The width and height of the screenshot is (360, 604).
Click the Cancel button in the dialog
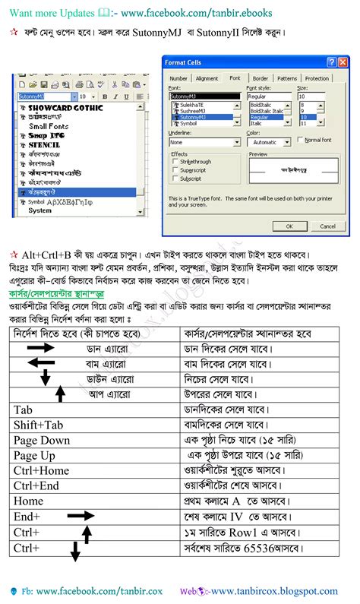pyautogui.click(x=327, y=226)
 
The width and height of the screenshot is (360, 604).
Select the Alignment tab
pyautogui.click(x=207, y=78)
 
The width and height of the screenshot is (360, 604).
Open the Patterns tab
pyautogui.click(x=287, y=78)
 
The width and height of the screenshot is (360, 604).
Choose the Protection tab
pyautogui.click(x=317, y=78)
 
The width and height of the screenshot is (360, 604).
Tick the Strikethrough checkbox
pyautogui.click(x=176, y=162)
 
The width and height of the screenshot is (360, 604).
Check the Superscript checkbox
pyautogui.click(x=176, y=170)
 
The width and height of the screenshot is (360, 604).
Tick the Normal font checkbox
pyautogui.click(x=302, y=140)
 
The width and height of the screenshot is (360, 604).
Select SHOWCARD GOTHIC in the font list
pyautogui.click(x=65, y=109)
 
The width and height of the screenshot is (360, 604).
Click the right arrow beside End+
pyautogui.click(x=79, y=516)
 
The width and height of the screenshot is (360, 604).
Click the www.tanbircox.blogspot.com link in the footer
pyautogui.click(x=274, y=591)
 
